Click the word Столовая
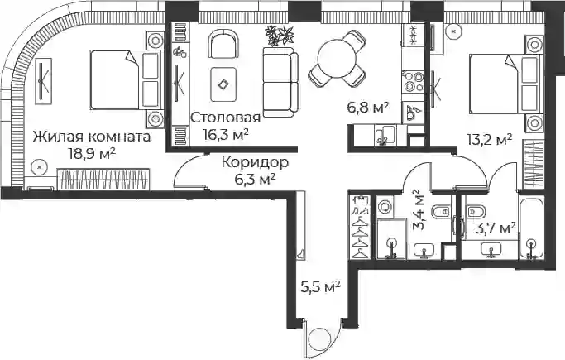coord(225,118)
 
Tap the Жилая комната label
coord(92,137)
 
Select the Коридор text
coord(255,162)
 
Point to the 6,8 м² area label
coord(368,108)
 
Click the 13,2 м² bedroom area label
coord(490,139)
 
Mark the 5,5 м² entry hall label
coord(320,287)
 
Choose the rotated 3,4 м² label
coord(420,210)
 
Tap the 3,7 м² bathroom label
coord(495,228)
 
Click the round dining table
coord(337,58)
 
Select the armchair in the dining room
coord(223,44)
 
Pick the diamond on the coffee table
coord(223,84)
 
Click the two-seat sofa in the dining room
coord(280,83)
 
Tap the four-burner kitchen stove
coord(414,82)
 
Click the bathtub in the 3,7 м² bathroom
coord(531,228)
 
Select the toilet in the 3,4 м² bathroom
coord(441,212)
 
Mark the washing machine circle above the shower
coord(385,207)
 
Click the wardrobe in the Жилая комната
coord(103,179)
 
